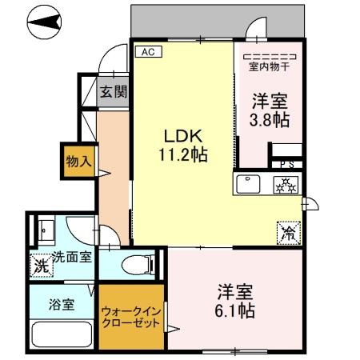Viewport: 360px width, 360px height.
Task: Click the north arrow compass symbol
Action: click(42, 25)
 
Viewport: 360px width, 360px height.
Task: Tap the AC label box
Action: click(147, 52)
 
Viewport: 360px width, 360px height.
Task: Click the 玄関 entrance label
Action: click(113, 91)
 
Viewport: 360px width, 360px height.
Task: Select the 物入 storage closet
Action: click(79, 161)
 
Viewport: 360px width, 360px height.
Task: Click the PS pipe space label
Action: click(285, 164)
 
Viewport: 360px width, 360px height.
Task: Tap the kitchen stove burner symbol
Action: click(286, 185)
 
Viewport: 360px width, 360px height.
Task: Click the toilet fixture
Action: click(138, 265)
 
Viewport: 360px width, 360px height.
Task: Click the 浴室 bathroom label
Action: click(55, 303)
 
